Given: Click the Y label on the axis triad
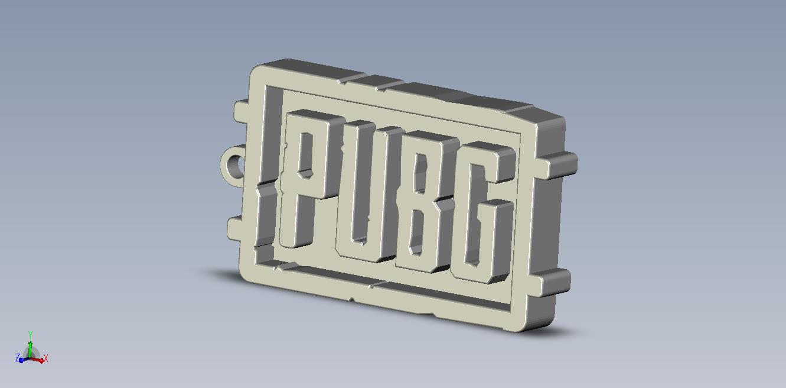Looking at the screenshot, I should tap(30, 335).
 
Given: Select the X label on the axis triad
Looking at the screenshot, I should tap(45, 358).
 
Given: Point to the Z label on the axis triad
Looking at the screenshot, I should tap(18, 358).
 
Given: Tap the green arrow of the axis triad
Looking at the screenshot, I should tap(30, 346).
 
